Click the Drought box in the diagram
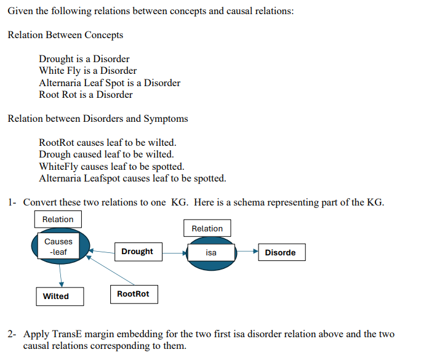[x=137, y=251]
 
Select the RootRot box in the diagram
[x=133, y=294]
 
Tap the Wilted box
[x=59, y=296]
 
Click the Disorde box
[x=280, y=252]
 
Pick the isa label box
[x=211, y=252]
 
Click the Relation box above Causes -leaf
[x=58, y=220]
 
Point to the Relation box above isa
[x=207, y=228]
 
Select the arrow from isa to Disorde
[x=247, y=252]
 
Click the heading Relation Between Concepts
[x=65, y=35]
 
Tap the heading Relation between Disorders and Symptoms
[x=98, y=118]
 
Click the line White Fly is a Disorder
[x=87, y=71]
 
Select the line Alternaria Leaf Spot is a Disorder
[x=110, y=82]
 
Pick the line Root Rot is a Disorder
[x=86, y=95]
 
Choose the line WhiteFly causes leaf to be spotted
[x=111, y=166]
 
